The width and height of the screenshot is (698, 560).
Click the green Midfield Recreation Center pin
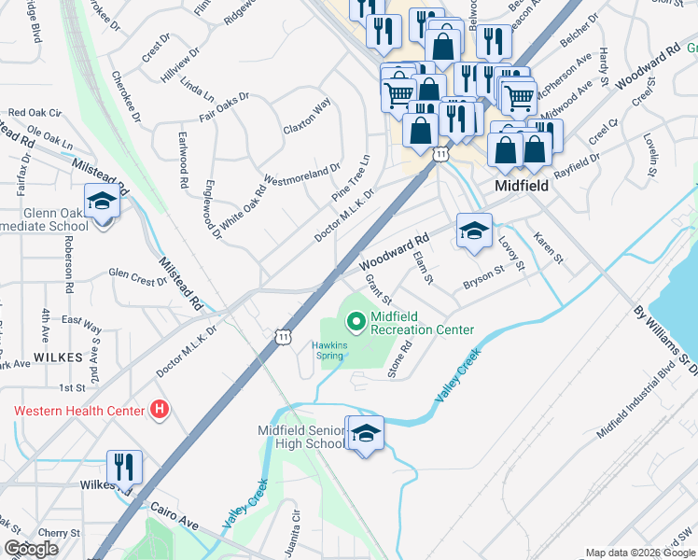(x=356, y=323)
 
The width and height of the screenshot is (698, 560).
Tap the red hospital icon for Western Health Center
(x=161, y=410)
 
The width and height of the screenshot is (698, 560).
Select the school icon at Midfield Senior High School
(x=365, y=433)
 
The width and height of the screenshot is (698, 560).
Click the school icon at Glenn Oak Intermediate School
(x=101, y=201)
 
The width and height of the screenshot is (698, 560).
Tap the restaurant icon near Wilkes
(x=123, y=466)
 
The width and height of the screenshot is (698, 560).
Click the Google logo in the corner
(x=31, y=549)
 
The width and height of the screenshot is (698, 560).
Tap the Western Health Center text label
(x=79, y=411)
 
